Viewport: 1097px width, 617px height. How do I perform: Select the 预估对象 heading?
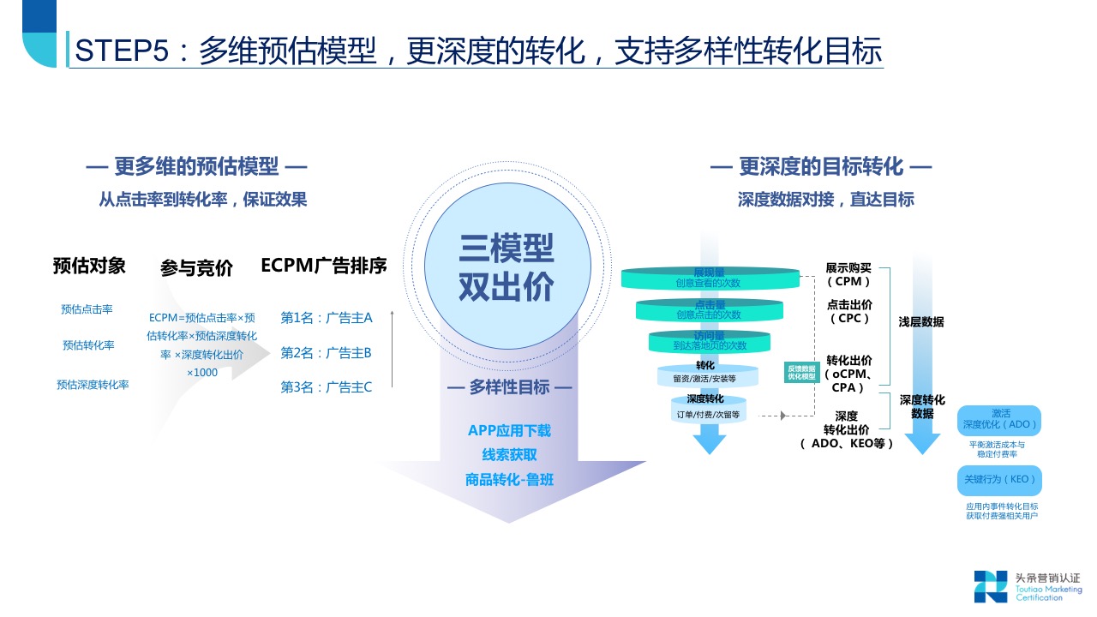(x=89, y=266)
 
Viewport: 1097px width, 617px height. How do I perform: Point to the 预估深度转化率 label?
(x=93, y=385)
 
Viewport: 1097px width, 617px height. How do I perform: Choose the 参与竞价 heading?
(x=196, y=268)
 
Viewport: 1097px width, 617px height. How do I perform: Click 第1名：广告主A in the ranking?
(x=327, y=318)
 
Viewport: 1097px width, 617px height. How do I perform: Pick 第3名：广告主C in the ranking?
(x=327, y=387)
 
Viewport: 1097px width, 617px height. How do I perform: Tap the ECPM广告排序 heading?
(x=324, y=266)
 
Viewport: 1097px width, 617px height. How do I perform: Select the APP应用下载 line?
(x=509, y=430)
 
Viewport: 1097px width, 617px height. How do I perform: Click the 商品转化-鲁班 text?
(x=509, y=479)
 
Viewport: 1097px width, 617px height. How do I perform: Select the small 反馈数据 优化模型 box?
(x=802, y=372)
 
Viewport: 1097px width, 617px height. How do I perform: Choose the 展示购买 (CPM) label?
(x=848, y=274)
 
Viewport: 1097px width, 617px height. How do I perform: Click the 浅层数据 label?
(x=921, y=322)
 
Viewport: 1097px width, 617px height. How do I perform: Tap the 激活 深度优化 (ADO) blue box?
(x=999, y=419)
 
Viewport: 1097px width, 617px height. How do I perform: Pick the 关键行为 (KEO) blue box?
(x=999, y=480)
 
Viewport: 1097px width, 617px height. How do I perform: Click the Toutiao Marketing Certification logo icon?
(x=991, y=586)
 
